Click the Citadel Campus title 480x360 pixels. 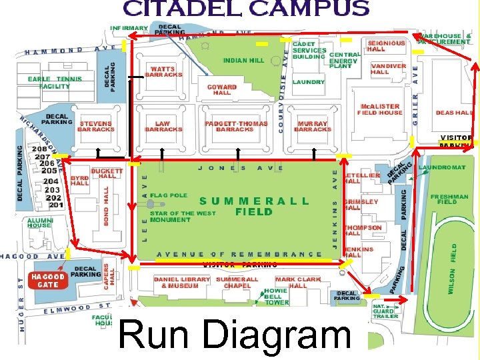pos(245,9)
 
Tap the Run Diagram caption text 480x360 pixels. pos(235,335)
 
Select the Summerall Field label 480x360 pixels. pos(254,206)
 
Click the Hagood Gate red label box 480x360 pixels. pos(48,281)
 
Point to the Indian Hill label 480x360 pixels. pos(243,60)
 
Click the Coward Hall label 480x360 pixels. pos(222,90)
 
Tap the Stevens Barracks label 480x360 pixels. pos(95,126)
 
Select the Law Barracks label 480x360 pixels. pos(163,126)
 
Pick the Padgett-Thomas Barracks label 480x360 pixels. pos(236,126)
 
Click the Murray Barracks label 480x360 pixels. pos(313,126)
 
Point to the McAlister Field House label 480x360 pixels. pos(380,109)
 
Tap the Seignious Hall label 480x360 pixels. pos(386,45)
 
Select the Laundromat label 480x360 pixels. pos(442,167)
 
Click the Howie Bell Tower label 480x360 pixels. pos(276,297)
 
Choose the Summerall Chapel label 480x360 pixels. pos(237,283)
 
